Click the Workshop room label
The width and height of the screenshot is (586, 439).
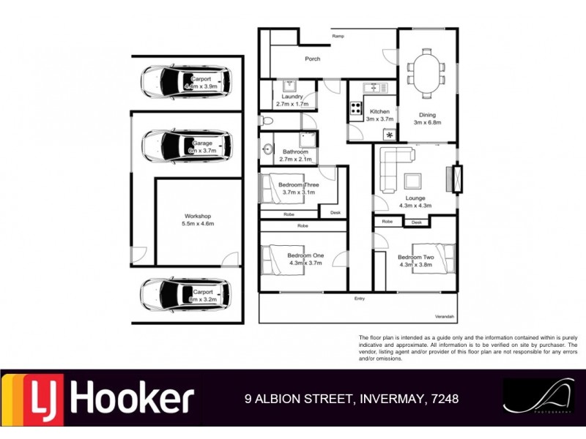coord(198,217)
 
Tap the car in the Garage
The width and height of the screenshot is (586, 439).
coord(186,145)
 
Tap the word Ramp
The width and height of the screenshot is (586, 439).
coord(338,35)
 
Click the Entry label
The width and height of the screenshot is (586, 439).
coord(360,299)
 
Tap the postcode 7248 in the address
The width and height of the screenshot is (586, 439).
coord(445,399)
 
